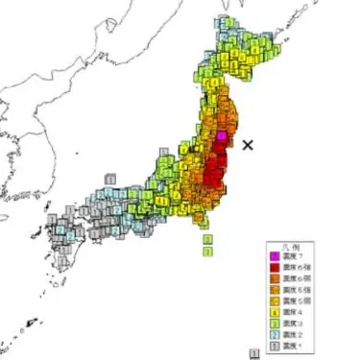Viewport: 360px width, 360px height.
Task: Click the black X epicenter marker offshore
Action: point(249,145)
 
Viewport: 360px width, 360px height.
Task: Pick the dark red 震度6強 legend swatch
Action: point(275,267)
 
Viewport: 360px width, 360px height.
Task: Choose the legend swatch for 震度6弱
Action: point(275,277)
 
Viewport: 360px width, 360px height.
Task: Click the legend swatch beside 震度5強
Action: point(275,288)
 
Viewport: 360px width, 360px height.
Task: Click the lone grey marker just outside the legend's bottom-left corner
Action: point(253,352)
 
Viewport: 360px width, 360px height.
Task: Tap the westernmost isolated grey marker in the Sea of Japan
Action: point(110,179)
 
